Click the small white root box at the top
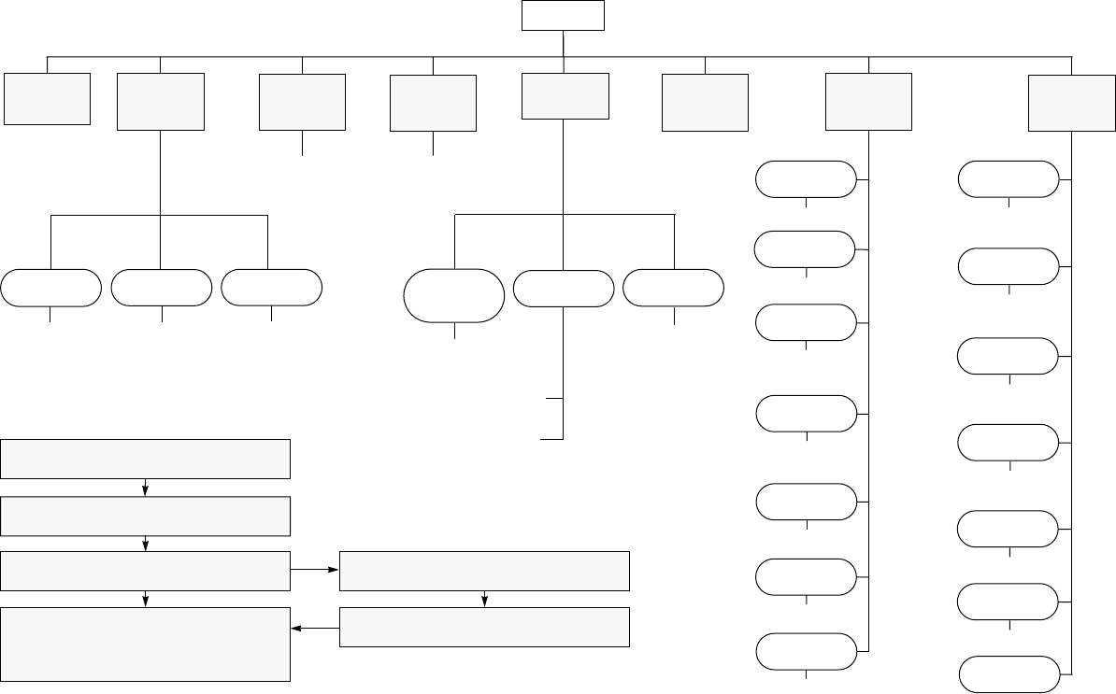tap(563, 16)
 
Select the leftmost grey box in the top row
tap(47, 98)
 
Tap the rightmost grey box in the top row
tap(1071, 104)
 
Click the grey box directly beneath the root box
tap(565, 96)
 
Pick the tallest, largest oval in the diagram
tap(453, 295)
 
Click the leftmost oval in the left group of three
tap(50, 288)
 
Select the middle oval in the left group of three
tap(161, 288)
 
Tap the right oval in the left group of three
tap(271, 288)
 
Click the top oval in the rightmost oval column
tap(1009, 179)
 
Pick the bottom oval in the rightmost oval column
tap(1009, 675)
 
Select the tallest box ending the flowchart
tap(145, 644)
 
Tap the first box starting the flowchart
tap(145, 459)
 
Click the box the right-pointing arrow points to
tap(484, 571)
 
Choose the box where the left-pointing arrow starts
tap(484, 628)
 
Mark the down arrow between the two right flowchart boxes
tap(484, 600)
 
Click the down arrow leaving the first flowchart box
tap(146, 489)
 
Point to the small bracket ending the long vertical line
tap(555, 418)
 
